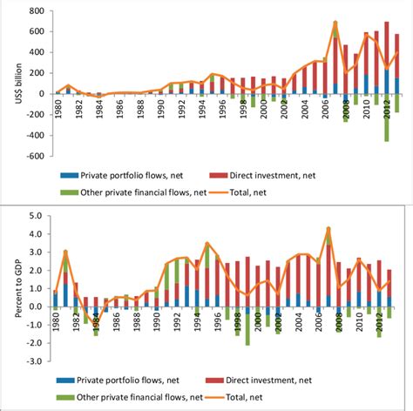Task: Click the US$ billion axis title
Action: (8, 83)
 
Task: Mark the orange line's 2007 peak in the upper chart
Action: (335, 23)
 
